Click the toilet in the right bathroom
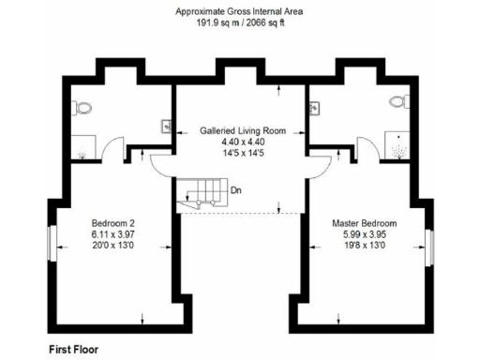397,102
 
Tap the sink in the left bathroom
167,125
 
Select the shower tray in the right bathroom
402,143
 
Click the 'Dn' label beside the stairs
236,190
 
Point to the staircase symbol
200,191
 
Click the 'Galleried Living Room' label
242,131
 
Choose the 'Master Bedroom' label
365,223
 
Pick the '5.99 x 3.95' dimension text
365,234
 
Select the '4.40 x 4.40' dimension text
242,142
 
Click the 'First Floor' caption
73,349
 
